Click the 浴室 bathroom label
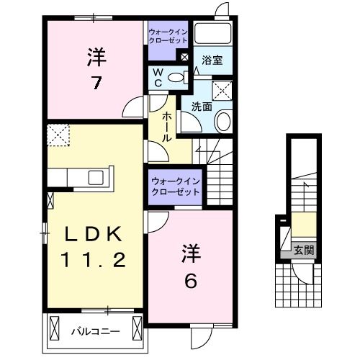[x=212, y=60]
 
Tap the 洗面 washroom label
[x=201, y=107]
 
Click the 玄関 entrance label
[x=303, y=251]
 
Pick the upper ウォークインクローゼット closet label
[x=168, y=37]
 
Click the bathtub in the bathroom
[x=213, y=35]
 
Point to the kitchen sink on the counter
[x=96, y=178]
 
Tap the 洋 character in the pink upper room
[x=94, y=55]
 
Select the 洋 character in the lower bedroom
[x=192, y=253]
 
